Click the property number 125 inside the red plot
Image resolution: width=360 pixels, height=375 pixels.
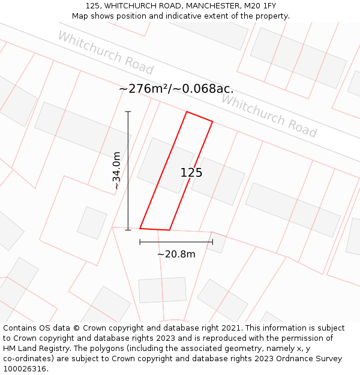191,173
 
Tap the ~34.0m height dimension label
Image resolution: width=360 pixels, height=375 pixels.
116,171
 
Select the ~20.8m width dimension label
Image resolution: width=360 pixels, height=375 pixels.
176,254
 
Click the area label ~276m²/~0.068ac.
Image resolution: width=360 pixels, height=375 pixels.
176,89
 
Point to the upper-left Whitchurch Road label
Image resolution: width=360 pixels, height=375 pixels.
106,53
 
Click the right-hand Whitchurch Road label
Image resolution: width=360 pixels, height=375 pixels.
269,116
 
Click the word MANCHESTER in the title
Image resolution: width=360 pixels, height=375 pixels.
199,6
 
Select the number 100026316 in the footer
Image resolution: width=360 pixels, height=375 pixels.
24,369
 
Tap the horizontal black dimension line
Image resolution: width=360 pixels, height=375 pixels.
176,242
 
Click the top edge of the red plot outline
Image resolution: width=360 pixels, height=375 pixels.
199,116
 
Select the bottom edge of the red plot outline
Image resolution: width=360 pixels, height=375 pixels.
155,229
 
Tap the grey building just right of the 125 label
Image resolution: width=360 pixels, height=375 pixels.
218,181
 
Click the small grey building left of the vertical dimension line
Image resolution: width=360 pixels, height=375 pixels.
92,223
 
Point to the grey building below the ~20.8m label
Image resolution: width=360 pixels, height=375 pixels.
163,290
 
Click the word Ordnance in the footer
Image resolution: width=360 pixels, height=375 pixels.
292,359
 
